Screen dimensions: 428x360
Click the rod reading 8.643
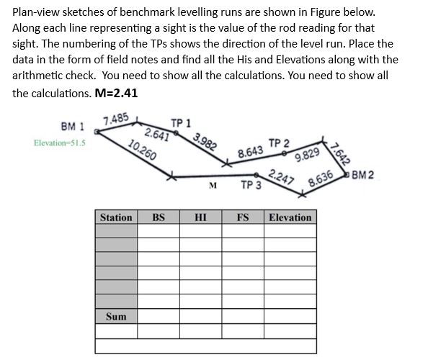coord(249,152)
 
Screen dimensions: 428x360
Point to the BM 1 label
coord(72,127)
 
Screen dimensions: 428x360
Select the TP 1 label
coord(180,122)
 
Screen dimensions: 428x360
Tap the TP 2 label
coord(278,142)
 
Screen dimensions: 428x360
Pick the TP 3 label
coord(251,185)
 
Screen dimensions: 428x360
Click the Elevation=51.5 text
coord(59,143)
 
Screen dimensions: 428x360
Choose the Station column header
coord(116,217)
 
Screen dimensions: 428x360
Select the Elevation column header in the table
coord(290,217)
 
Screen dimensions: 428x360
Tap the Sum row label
coord(116,317)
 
